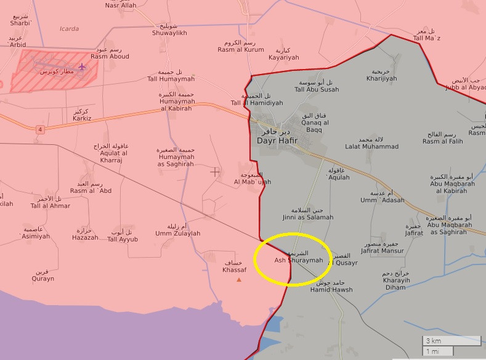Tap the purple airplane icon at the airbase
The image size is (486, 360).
83,66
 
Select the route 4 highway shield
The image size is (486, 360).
40,129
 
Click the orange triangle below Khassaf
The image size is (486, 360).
239,280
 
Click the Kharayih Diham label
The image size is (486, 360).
386,284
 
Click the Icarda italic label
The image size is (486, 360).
69,28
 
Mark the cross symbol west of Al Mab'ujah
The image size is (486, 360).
215,171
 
